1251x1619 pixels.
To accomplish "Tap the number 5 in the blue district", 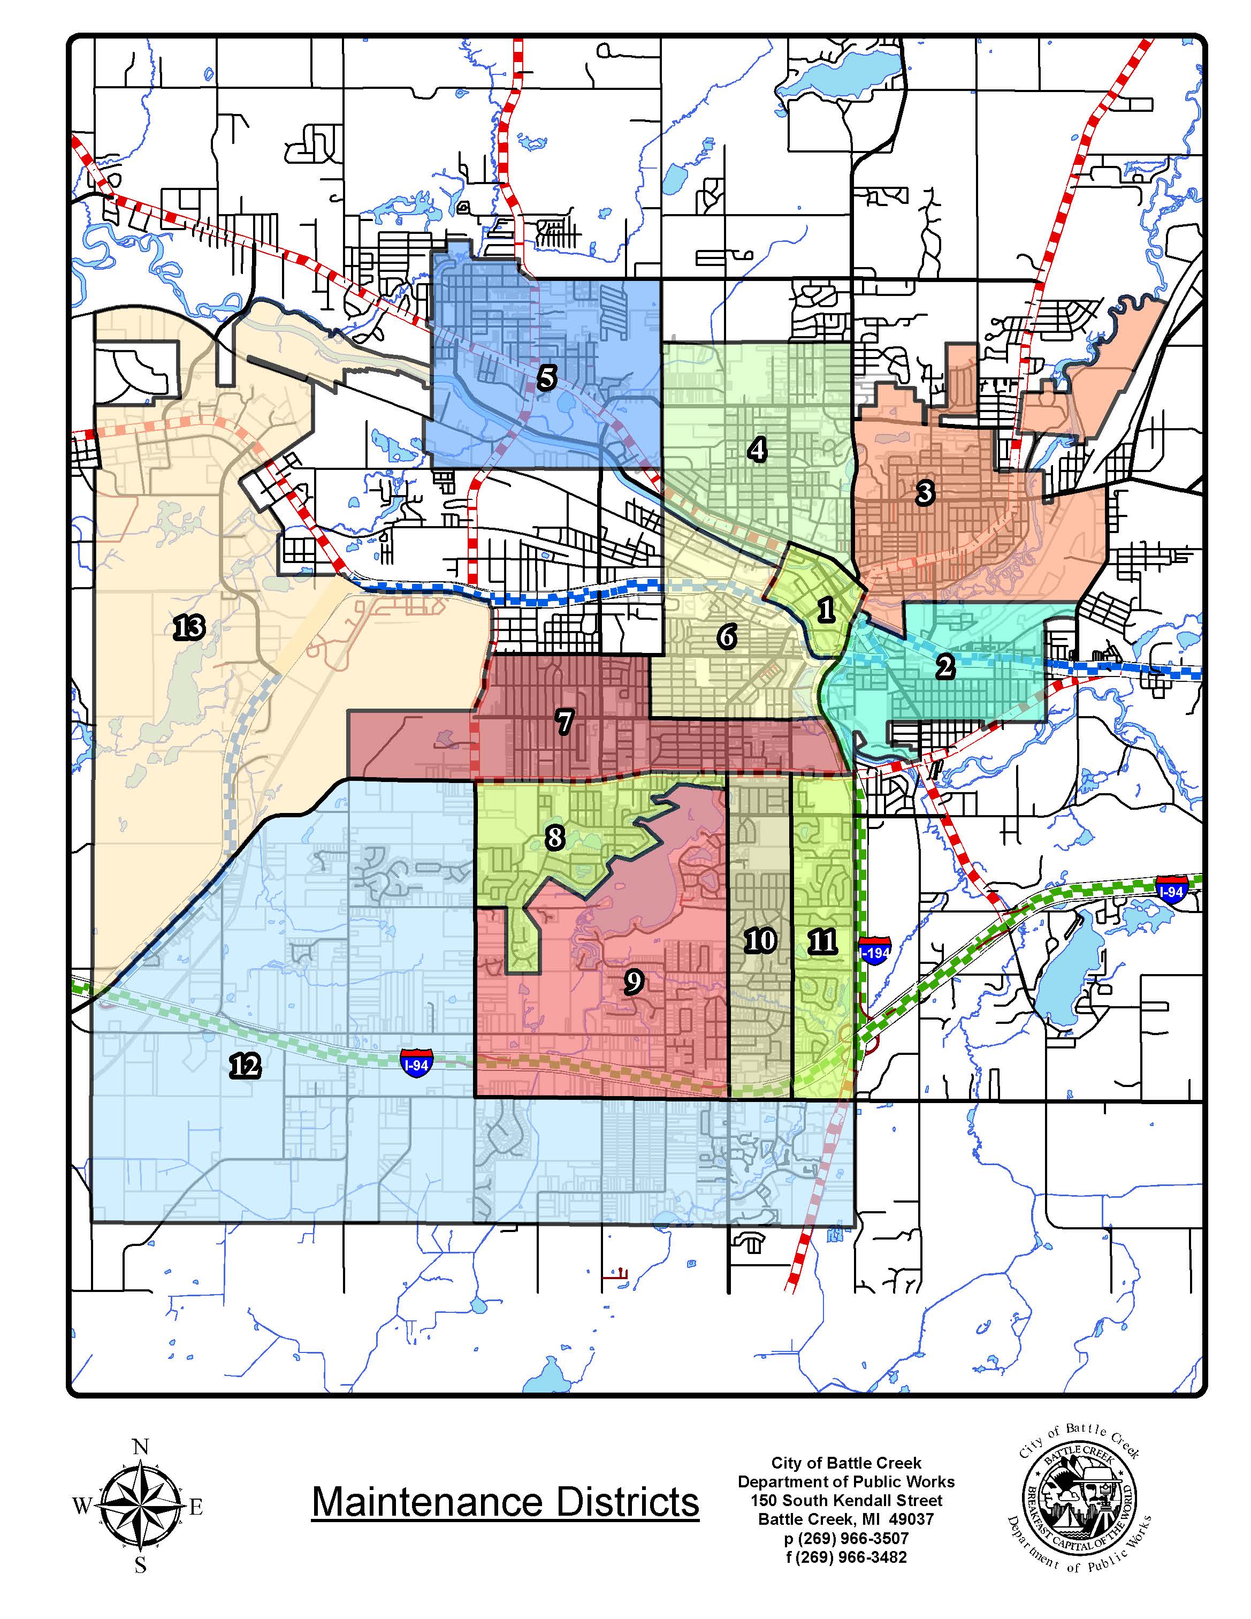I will coord(546,378).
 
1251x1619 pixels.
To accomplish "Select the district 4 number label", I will coord(757,449).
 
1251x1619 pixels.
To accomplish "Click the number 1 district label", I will coord(826,610).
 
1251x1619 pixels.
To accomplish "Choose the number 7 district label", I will coord(565,721).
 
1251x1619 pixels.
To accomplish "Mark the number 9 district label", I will coord(634,982).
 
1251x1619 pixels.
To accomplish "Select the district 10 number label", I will coord(760,941).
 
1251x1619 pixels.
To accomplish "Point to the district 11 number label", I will coord(822,941).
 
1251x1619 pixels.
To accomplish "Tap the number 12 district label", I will coord(245,1066).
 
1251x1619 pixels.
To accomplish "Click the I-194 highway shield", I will coord(875,952).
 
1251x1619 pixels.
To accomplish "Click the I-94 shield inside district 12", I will coord(416,1065).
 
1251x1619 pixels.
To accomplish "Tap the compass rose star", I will coord(140,1506).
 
